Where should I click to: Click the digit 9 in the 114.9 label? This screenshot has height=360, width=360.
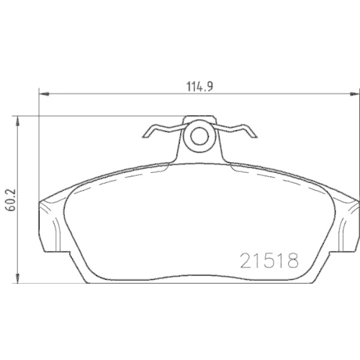(x=212, y=84)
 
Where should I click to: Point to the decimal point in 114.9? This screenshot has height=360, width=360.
(x=208, y=87)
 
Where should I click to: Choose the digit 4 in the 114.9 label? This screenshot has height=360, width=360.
(x=202, y=84)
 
